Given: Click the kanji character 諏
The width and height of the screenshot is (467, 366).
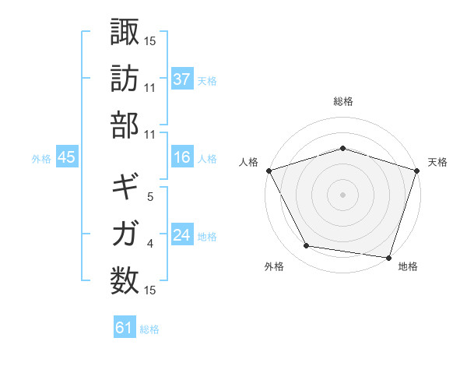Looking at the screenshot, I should pos(125,32).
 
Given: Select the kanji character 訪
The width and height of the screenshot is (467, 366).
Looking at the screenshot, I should pos(125,79).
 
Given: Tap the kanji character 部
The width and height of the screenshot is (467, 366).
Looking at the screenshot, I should pos(125,125).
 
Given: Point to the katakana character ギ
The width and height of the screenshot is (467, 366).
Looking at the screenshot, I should pos(125,188).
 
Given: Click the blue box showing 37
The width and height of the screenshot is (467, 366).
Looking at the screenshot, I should pos(181,79).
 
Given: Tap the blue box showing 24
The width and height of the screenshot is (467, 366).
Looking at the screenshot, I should pos(181,235).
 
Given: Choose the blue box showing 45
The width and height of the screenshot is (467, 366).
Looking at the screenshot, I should pos(66,158).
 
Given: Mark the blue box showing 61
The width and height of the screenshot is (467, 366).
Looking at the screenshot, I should pos(125,329).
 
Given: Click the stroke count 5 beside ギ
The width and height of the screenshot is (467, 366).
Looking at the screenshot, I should pos(150,197).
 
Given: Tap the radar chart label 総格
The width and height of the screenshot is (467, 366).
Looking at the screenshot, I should pos(343,101).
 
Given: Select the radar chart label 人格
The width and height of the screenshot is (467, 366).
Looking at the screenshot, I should pos(249,162).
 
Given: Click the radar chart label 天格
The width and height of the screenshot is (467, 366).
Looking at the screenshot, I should pos(438,162).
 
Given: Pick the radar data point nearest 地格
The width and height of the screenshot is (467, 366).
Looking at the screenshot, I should pos(389,256).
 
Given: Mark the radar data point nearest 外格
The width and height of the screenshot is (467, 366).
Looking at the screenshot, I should pos(307,246).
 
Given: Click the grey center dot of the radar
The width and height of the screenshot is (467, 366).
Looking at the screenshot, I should pos(342,194).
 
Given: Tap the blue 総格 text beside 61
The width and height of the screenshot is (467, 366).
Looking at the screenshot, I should pos(149,329).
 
